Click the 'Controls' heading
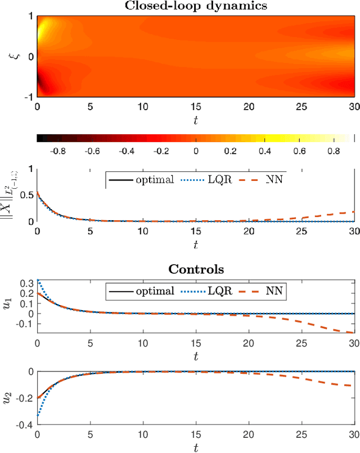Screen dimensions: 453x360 (196, 269)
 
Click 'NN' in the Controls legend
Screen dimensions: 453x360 (274, 291)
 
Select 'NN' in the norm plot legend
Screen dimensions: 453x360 (274, 180)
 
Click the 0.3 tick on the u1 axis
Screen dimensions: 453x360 (26, 283)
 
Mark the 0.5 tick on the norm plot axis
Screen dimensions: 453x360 (26, 195)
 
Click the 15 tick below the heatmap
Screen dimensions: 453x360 (196, 107)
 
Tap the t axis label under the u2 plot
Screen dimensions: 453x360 (196, 448)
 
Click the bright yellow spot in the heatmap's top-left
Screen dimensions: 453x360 (44, 25)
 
